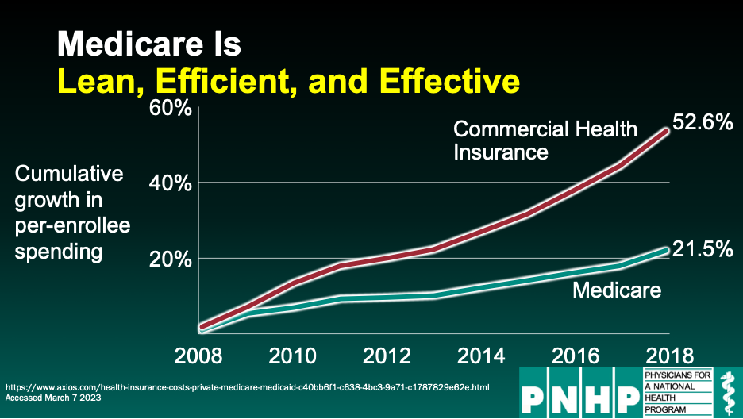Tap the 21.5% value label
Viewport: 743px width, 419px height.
[703, 249]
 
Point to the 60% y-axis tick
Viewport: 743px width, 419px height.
[170, 107]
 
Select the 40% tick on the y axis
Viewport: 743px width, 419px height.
[170, 183]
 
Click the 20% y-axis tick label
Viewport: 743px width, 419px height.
[170, 259]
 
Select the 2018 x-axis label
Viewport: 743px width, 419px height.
[670, 354]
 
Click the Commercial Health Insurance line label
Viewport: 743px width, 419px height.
[545, 140]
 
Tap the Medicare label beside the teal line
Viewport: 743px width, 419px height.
[617, 290]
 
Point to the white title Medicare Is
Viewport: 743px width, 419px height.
[148, 44]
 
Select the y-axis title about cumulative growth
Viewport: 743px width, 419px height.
[72, 213]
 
